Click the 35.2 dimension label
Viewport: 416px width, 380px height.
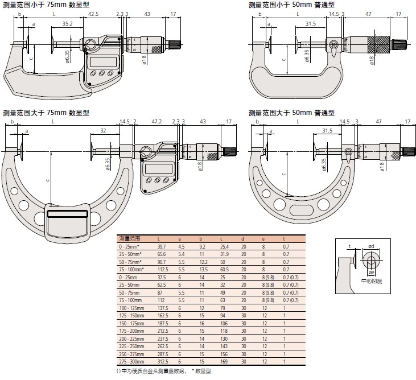(67, 24)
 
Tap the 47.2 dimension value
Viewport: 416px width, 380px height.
(157, 121)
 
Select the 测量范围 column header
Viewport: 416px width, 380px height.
(129, 238)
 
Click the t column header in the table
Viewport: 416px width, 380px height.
(284, 238)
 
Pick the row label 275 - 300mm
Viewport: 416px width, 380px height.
(131, 361)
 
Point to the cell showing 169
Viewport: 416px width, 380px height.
(223, 361)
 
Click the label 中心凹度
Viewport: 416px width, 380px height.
(372, 281)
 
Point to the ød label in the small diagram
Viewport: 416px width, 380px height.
(371, 246)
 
